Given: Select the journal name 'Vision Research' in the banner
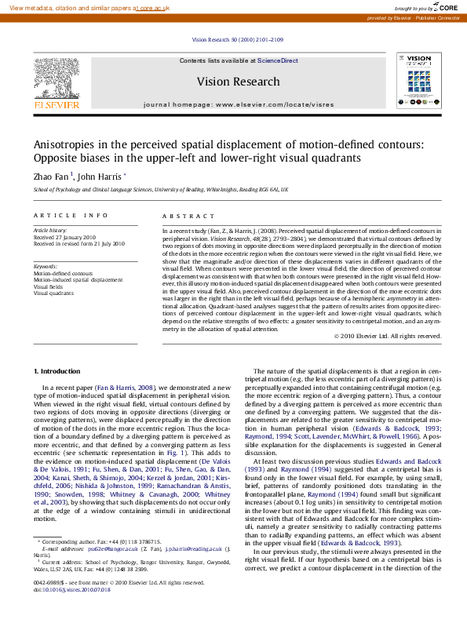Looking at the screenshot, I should (x=238, y=82).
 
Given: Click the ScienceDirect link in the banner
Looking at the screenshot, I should (x=278, y=60).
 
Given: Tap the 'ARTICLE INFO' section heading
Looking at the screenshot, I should (x=71, y=215).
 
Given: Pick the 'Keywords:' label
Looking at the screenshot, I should (x=45, y=266).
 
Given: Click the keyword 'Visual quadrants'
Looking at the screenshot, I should (x=53, y=293).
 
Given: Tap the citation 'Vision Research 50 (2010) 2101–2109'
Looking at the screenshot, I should (x=237, y=39).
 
